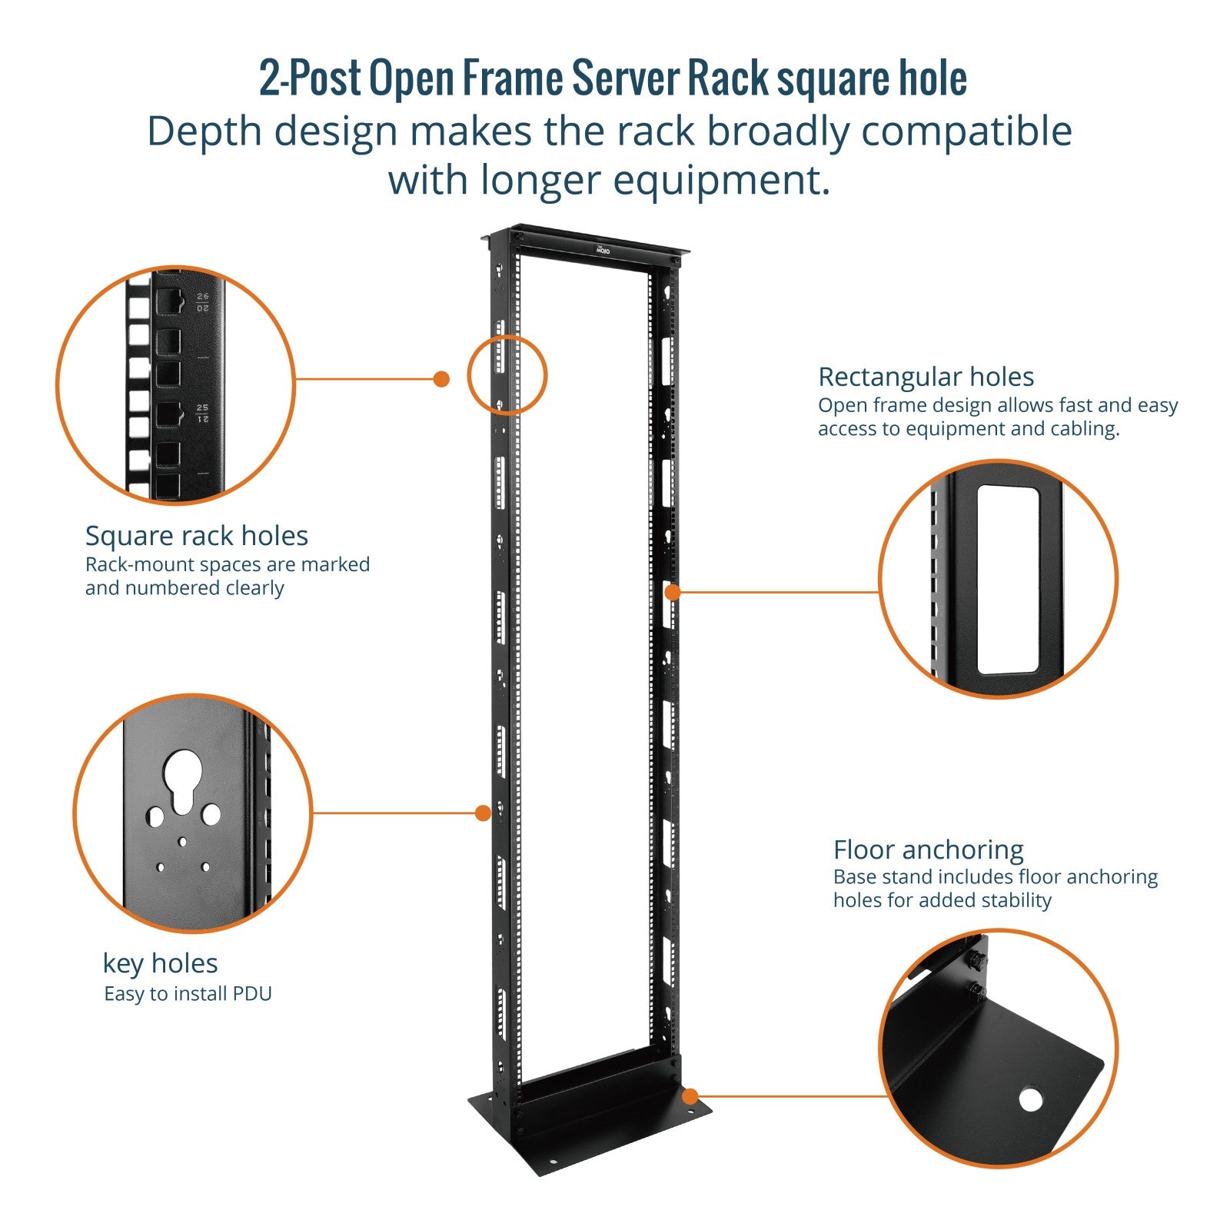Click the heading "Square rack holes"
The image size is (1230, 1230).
click(x=196, y=536)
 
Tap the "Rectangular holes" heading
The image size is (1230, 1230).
click(x=926, y=377)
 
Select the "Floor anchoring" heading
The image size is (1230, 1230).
click(x=928, y=849)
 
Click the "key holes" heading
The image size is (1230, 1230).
click(x=160, y=963)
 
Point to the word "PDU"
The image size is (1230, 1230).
click(x=253, y=994)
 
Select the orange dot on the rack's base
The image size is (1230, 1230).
click(x=690, y=1096)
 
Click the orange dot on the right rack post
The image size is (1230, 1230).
click(x=673, y=592)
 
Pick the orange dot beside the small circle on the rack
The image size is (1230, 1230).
click(x=441, y=379)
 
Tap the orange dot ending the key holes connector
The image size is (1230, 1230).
click(x=483, y=813)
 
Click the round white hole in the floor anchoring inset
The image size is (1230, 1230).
click(x=1030, y=1099)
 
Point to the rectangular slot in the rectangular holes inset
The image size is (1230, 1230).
click(x=1007, y=579)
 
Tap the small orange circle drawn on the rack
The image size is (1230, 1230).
click(x=507, y=375)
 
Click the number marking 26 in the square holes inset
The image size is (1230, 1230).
click(x=202, y=296)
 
